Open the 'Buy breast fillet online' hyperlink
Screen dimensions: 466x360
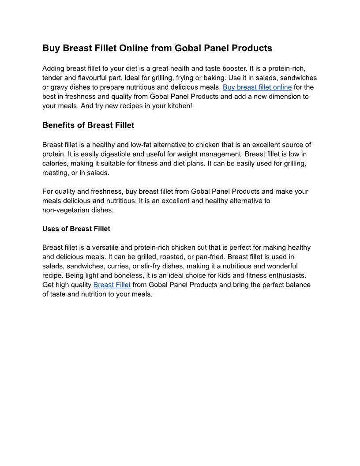coord(257,87)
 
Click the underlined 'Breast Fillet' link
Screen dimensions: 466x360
coord(112,285)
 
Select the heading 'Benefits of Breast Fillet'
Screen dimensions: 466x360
coord(88,125)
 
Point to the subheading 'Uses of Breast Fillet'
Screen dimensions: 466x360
coord(76,229)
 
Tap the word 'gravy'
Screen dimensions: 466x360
coord(60,87)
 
